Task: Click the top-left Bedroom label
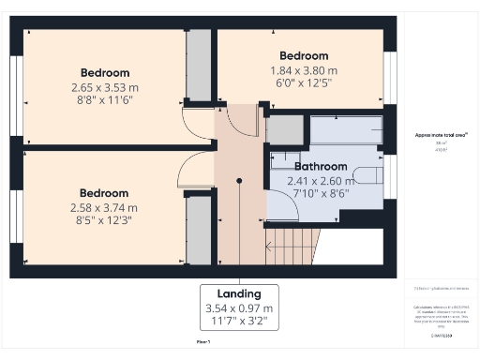click(x=105, y=72)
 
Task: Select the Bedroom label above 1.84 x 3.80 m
click(x=304, y=55)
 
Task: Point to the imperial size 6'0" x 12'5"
click(x=304, y=82)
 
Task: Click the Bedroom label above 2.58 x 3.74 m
click(x=104, y=193)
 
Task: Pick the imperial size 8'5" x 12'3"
click(x=104, y=221)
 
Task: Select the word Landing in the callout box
click(x=238, y=292)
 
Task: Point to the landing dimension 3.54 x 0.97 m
click(x=238, y=307)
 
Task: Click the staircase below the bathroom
click(x=292, y=247)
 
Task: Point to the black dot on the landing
click(x=240, y=180)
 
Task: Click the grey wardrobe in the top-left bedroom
click(x=199, y=65)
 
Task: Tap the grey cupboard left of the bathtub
click(x=285, y=130)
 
